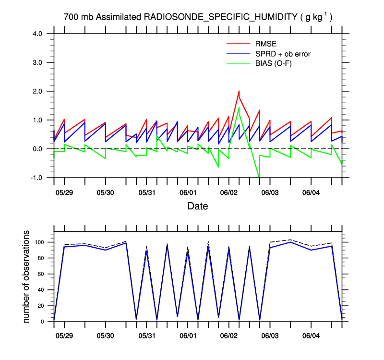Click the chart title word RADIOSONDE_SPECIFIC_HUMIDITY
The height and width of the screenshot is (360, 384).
(x=220, y=17)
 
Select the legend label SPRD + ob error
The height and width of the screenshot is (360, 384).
(x=283, y=54)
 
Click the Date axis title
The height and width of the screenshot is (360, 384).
(x=198, y=207)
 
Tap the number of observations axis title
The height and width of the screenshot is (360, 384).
(x=27, y=276)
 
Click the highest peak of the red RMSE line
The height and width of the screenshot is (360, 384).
(x=239, y=91)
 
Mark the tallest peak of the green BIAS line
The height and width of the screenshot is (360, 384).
(x=239, y=107)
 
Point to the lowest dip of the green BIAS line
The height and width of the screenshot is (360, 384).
(x=259, y=178)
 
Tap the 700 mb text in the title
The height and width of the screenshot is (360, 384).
(x=79, y=17)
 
